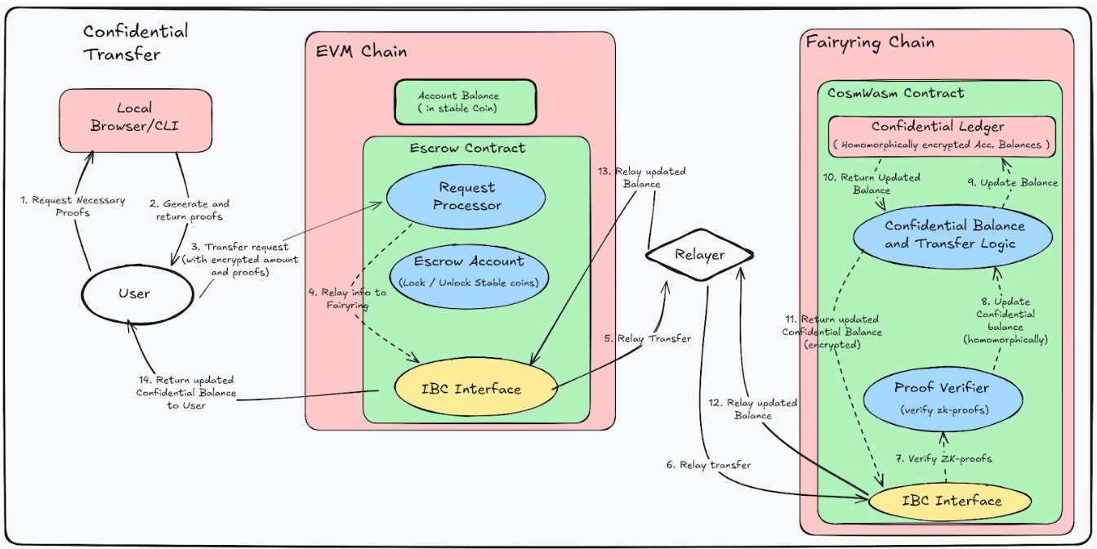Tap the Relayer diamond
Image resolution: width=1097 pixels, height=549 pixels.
click(x=699, y=255)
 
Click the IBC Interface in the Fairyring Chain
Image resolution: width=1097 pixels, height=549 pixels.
click(x=952, y=501)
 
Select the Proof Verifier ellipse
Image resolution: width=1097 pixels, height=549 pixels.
click(x=941, y=397)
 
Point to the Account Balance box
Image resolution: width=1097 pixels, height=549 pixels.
click(x=465, y=102)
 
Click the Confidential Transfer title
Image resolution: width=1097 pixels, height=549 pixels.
click(x=135, y=43)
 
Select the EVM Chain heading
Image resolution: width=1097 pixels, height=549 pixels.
click(x=361, y=51)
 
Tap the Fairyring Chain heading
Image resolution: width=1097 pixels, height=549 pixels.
click(x=870, y=42)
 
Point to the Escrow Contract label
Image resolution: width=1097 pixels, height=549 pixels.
click(x=467, y=148)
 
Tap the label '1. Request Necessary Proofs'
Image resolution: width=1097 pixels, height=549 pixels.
click(x=71, y=206)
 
